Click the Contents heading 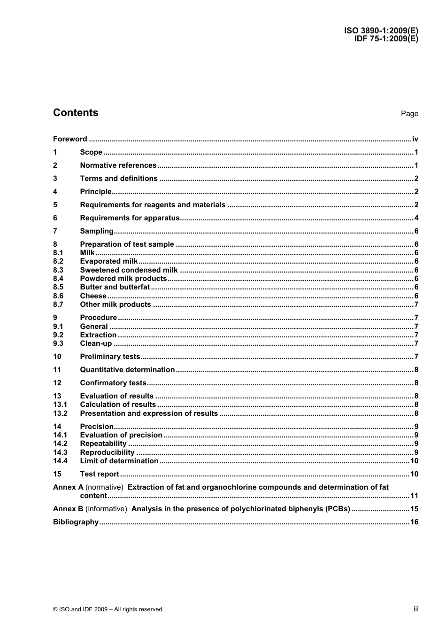76,113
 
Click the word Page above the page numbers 409,114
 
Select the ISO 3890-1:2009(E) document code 381,31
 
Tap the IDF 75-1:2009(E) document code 386,39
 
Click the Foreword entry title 70,139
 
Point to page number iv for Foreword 415,139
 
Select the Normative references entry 118,165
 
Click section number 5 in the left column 55,205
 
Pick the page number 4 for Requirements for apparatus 416,218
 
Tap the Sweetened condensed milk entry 129,270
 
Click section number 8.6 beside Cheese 58,296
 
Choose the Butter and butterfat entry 115,287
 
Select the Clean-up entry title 96,343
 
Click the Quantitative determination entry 127,370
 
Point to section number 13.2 60,414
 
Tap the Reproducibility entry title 107,453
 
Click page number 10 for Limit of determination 414,461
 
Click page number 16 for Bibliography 414,522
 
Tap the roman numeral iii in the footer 416,609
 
